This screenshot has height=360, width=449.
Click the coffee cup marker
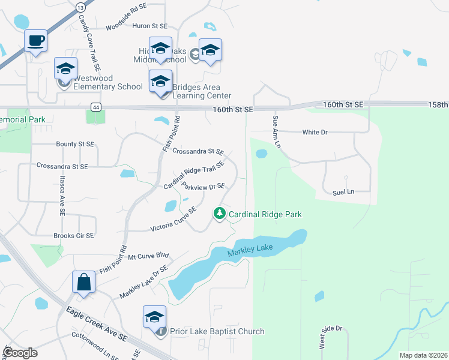point(35,41)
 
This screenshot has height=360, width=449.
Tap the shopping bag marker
point(83,281)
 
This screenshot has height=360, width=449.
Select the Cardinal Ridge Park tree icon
point(220,214)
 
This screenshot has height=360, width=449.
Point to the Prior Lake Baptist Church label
point(217,331)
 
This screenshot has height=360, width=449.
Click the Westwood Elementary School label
point(107,82)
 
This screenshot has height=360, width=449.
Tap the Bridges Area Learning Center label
point(202,91)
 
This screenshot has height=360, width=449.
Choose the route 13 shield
point(80,7)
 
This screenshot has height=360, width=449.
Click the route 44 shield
point(95,107)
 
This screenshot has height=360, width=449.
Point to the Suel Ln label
point(343,192)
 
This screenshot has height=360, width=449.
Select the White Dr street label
point(315,132)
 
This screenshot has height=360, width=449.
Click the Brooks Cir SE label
point(74,236)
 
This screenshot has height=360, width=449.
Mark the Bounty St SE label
point(74,144)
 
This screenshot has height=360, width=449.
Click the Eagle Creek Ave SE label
point(96,323)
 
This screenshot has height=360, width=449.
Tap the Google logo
point(21,352)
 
